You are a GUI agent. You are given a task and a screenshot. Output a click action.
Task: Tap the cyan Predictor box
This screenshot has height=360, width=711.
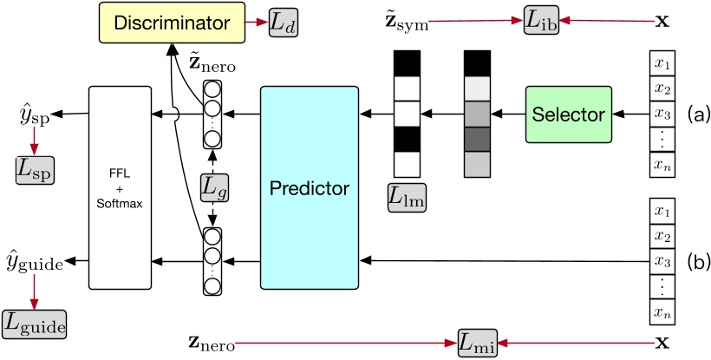310,187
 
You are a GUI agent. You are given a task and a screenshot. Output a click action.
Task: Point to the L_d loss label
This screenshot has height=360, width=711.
283,21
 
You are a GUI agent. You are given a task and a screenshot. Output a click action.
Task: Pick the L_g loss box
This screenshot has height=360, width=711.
213,184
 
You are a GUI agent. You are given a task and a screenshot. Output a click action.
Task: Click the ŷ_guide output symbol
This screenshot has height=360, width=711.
33,261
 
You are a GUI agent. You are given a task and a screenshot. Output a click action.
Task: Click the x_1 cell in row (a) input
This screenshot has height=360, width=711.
662,65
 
